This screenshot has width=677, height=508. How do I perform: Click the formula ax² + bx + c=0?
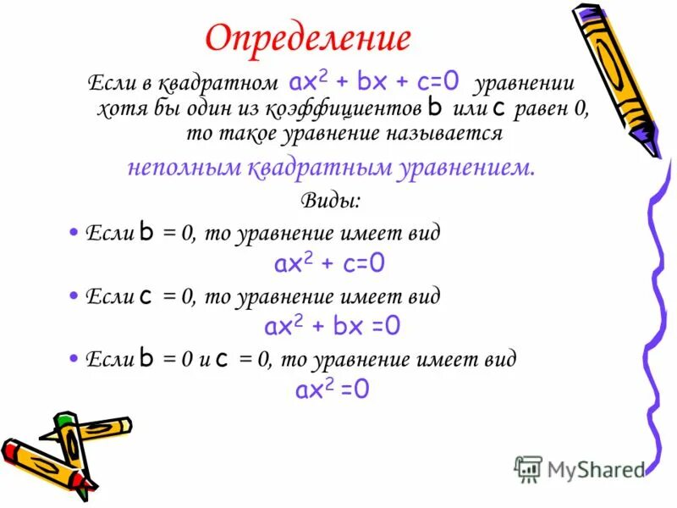[x=374, y=82]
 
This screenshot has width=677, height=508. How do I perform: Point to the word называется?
[x=456, y=134]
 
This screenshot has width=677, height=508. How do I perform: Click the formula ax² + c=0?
[x=329, y=263]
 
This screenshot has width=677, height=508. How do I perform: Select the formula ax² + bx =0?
[x=333, y=327]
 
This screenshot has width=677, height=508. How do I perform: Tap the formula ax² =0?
[x=332, y=389]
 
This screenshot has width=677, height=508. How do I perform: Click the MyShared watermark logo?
[x=580, y=467]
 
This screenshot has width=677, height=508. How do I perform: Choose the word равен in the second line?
[x=540, y=109]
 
